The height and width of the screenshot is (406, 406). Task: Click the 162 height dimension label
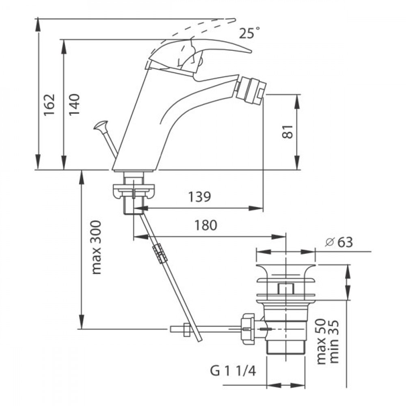[49, 105]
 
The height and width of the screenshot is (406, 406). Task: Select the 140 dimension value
[74, 105]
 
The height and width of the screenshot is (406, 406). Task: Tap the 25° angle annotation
[249, 33]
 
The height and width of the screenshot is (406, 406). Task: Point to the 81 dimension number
[287, 132]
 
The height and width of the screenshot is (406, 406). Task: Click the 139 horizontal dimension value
[199, 197]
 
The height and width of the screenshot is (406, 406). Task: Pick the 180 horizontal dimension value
[206, 225]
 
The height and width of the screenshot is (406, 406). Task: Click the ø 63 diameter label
[339, 242]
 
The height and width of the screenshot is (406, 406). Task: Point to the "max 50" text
[321, 341]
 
